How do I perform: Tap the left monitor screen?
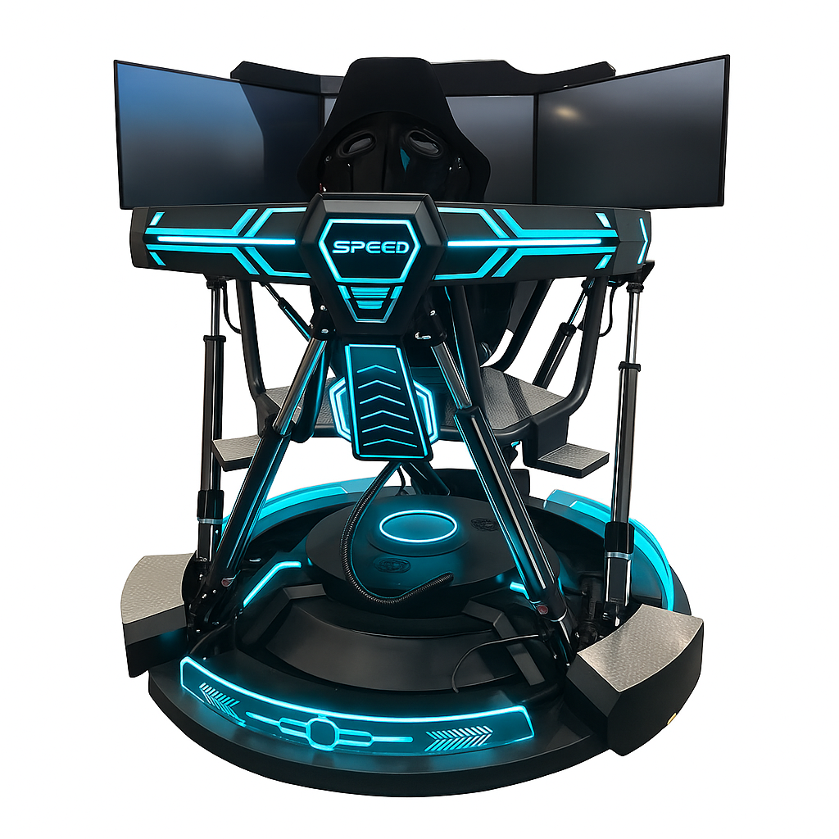click(x=217, y=139)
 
